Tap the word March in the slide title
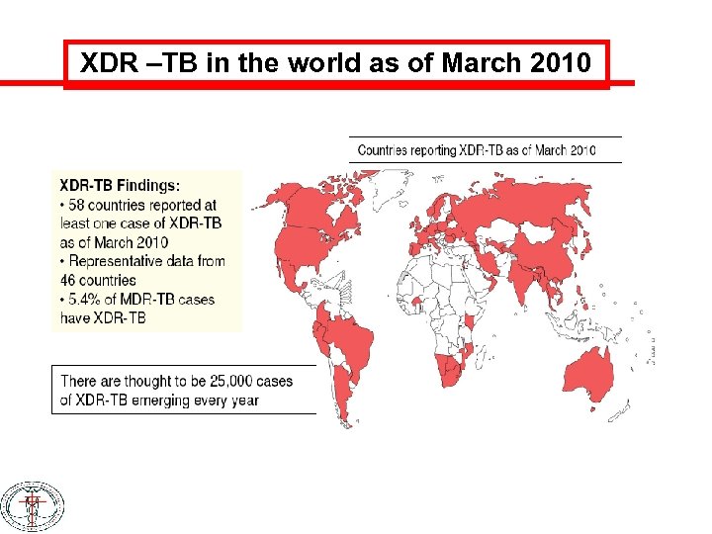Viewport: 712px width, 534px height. pos(482,64)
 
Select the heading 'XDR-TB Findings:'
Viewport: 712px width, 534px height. pos(120,185)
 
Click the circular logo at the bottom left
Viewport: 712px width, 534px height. pos(32,507)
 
